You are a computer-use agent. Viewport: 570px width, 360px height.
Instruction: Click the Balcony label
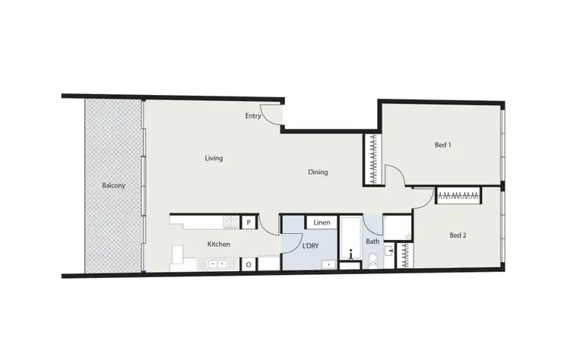click(x=113, y=185)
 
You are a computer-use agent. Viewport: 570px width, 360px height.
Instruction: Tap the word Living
click(x=214, y=158)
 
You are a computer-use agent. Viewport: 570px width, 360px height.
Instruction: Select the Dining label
click(x=318, y=172)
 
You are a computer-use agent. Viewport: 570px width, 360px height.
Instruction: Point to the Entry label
click(x=253, y=116)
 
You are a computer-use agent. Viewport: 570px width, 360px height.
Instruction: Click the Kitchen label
click(x=219, y=244)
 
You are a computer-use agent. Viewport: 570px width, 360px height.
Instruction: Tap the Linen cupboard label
click(x=321, y=223)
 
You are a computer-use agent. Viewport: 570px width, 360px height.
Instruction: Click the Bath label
click(x=372, y=242)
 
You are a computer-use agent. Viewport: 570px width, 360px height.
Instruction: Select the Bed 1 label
click(x=443, y=144)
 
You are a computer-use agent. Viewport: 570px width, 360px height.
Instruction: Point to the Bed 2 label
click(x=458, y=235)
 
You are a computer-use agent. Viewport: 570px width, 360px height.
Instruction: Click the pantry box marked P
click(x=249, y=223)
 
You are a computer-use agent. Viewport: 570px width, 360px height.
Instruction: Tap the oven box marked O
click(x=249, y=264)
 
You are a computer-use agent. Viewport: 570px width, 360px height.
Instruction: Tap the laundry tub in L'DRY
click(x=328, y=264)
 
